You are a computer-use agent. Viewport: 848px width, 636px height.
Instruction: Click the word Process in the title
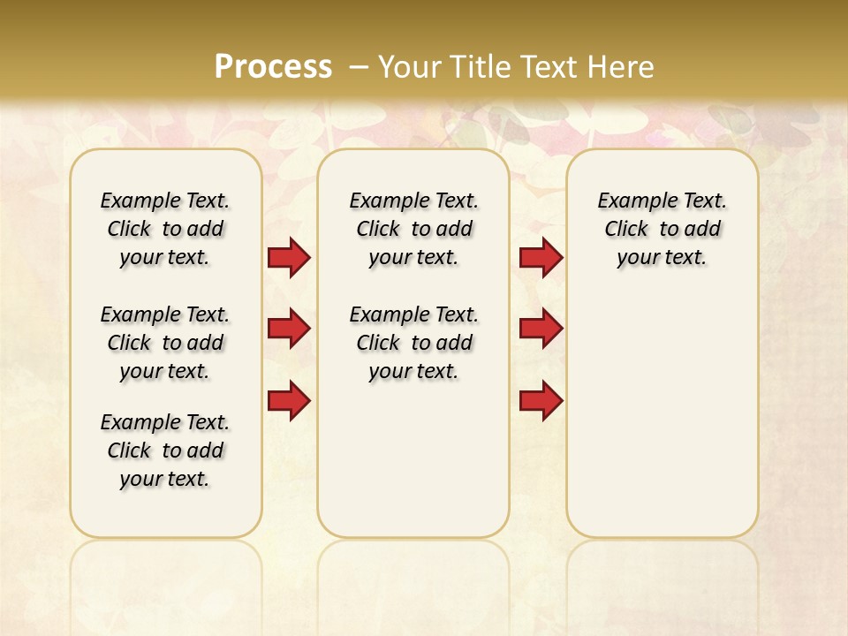[x=273, y=66]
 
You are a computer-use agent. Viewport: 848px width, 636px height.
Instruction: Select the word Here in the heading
[x=622, y=66]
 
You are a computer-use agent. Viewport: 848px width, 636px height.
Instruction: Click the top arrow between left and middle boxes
[x=289, y=257]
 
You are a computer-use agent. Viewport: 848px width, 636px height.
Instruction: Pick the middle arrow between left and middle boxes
[x=289, y=329]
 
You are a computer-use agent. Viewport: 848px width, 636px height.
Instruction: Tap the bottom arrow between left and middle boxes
[x=289, y=401]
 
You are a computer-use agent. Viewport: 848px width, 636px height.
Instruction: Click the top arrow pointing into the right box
[x=541, y=257]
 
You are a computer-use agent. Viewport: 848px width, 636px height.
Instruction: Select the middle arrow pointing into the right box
[x=541, y=329]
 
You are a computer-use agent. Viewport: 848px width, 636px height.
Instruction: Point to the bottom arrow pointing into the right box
[x=541, y=401]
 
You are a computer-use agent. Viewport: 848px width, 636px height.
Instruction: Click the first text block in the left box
[x=165, y=229]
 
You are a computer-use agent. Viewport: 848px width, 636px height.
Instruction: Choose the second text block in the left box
[x=165, y=343]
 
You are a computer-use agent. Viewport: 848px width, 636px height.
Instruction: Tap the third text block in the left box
[x=165, y=450]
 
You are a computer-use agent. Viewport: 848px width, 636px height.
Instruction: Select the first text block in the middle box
[x=413, y=229]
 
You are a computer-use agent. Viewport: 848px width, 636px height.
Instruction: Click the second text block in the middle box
[x=413, y=343]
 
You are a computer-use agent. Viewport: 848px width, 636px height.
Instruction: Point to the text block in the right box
[x=662, y=229]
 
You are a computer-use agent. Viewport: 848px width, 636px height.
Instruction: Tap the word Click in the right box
[x=626, y=230]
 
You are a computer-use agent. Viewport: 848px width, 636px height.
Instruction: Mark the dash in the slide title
[x=359, y=66]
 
